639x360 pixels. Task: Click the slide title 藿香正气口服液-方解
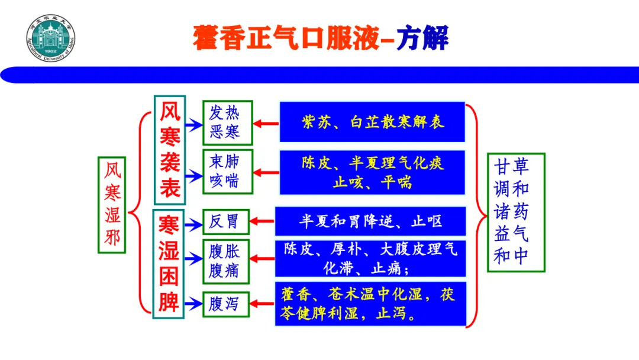320,37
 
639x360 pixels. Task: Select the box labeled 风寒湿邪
112,204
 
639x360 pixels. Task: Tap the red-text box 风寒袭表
170,150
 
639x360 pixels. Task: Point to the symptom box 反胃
225,221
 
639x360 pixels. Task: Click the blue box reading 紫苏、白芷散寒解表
372,122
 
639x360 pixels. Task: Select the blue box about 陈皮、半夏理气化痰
372,172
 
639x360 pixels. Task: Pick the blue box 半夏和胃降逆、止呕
370,221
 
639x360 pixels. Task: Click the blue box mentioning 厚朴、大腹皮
370,259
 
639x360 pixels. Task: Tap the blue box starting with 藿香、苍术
370,304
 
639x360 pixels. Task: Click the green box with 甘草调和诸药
515,212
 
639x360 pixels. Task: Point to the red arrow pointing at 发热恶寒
266,124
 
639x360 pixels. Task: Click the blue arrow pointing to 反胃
192,224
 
